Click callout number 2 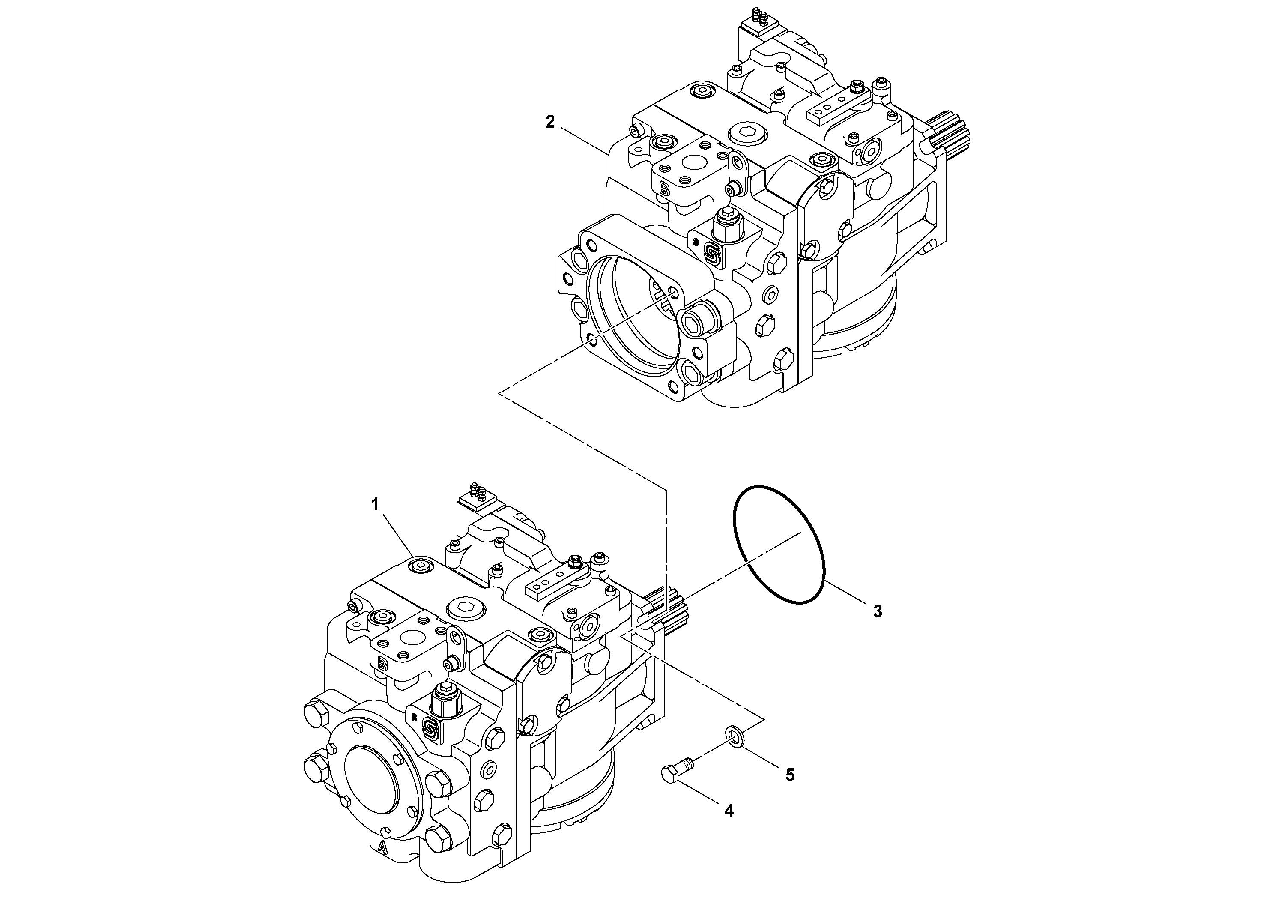pos(550,122)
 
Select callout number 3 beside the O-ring pos(878,611)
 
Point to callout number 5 pos(790,775)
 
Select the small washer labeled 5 pos(732,736)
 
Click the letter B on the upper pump pos(664,189)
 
